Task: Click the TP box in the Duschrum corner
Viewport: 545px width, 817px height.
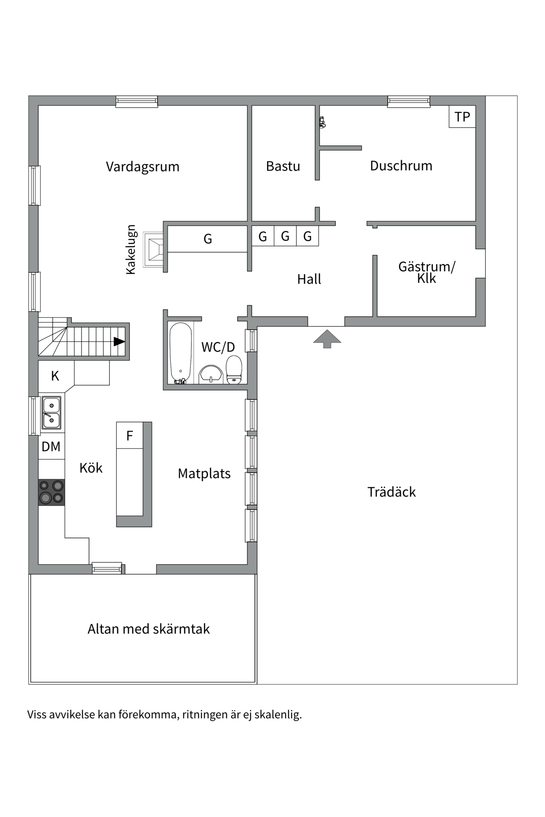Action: (462, 117)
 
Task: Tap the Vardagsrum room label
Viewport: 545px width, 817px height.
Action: (143, 166)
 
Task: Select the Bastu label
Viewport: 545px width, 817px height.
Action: (283, 166)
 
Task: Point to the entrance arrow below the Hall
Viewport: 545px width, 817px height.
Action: (327, 338)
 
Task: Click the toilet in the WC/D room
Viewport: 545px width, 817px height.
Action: (234, 370)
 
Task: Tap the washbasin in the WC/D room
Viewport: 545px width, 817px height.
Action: (211, 374)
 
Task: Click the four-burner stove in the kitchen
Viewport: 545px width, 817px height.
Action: (52, 492)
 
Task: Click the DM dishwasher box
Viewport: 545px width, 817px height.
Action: (51, 446)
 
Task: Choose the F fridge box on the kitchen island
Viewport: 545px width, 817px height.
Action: (129, 435)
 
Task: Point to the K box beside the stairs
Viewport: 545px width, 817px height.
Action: (55, 376)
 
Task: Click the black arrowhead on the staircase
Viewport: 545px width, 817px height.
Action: (119, 342)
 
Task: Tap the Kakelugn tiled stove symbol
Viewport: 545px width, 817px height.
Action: (154, 249)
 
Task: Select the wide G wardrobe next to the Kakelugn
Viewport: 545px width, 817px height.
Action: (207, 239)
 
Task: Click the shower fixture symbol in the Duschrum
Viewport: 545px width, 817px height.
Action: (322, 123)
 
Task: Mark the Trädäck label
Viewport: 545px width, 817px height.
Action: (391, 492)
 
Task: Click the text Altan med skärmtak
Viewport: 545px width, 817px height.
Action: (149, 629)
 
